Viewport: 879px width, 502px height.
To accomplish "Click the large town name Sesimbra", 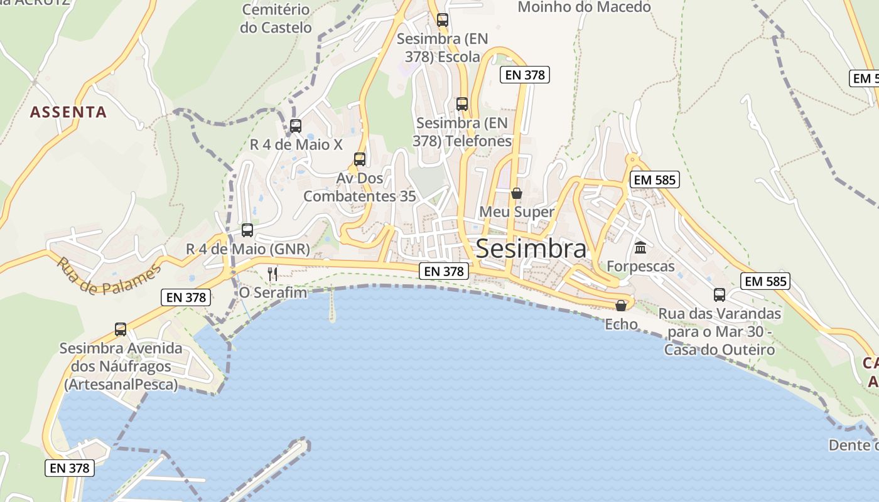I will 531,248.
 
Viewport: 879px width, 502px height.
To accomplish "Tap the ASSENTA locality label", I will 68,112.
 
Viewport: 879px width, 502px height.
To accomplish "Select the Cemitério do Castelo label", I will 276,19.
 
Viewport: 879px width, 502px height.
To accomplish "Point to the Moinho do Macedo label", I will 584,8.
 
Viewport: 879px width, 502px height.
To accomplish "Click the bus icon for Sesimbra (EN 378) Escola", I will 443,20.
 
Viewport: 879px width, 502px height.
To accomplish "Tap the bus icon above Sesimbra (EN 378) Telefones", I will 462,104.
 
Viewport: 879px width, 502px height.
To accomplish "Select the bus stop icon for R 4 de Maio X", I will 296,126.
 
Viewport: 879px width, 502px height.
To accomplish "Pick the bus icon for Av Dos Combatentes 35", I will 360,159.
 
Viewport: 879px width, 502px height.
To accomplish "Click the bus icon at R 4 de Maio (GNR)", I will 247,230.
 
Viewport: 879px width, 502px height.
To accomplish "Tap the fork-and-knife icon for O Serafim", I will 272,274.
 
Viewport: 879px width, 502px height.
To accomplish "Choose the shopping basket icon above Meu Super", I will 516,193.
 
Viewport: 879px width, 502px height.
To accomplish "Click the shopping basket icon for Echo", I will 621,306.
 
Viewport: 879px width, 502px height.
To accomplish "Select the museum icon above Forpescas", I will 640,248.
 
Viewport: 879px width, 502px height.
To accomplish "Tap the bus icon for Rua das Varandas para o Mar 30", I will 720,294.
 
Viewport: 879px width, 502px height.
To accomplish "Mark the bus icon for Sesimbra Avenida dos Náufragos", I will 121,329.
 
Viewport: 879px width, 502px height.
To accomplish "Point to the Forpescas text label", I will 640,266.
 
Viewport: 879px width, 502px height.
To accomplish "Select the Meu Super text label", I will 517,211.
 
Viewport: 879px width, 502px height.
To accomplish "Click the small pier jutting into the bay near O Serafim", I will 332,307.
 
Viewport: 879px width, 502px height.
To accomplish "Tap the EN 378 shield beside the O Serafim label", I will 186,297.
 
